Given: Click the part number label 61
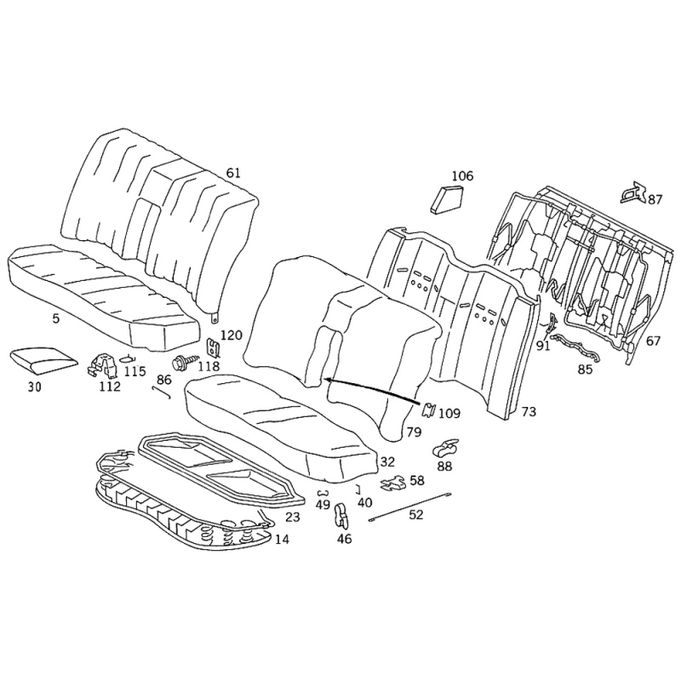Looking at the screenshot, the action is pyautogui.click(x=232, y=173).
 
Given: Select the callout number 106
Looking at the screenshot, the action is pyautogui.click(x=462, y=176).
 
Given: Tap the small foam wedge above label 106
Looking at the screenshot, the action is pyautogui.click(x=446, y=199).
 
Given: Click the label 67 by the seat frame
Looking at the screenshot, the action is pyautogui.click(x=653, y=341).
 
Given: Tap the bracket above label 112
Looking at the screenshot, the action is pyautogui.click(x=105, y=365).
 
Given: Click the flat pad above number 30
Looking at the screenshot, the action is pyautogui.click(x=43, y=360).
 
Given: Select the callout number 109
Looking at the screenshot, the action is pyautogui.click(x=449, y=413).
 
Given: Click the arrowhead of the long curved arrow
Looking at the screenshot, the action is pyautogui.click(x=325, y=379).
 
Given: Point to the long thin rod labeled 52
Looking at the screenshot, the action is pyautogui.click(x=409, y=506).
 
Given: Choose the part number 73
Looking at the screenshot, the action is pyautogui.click(x=529, y=411).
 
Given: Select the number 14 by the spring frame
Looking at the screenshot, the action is pyautogui.click(x=282, y=540).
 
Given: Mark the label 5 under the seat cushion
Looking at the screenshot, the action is pyautogui.click(x=55, y=318).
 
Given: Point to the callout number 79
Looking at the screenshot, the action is pyautogui.click(x=414, y=432).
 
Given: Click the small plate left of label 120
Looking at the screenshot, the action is pyautogui.click(x=212, y=346).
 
